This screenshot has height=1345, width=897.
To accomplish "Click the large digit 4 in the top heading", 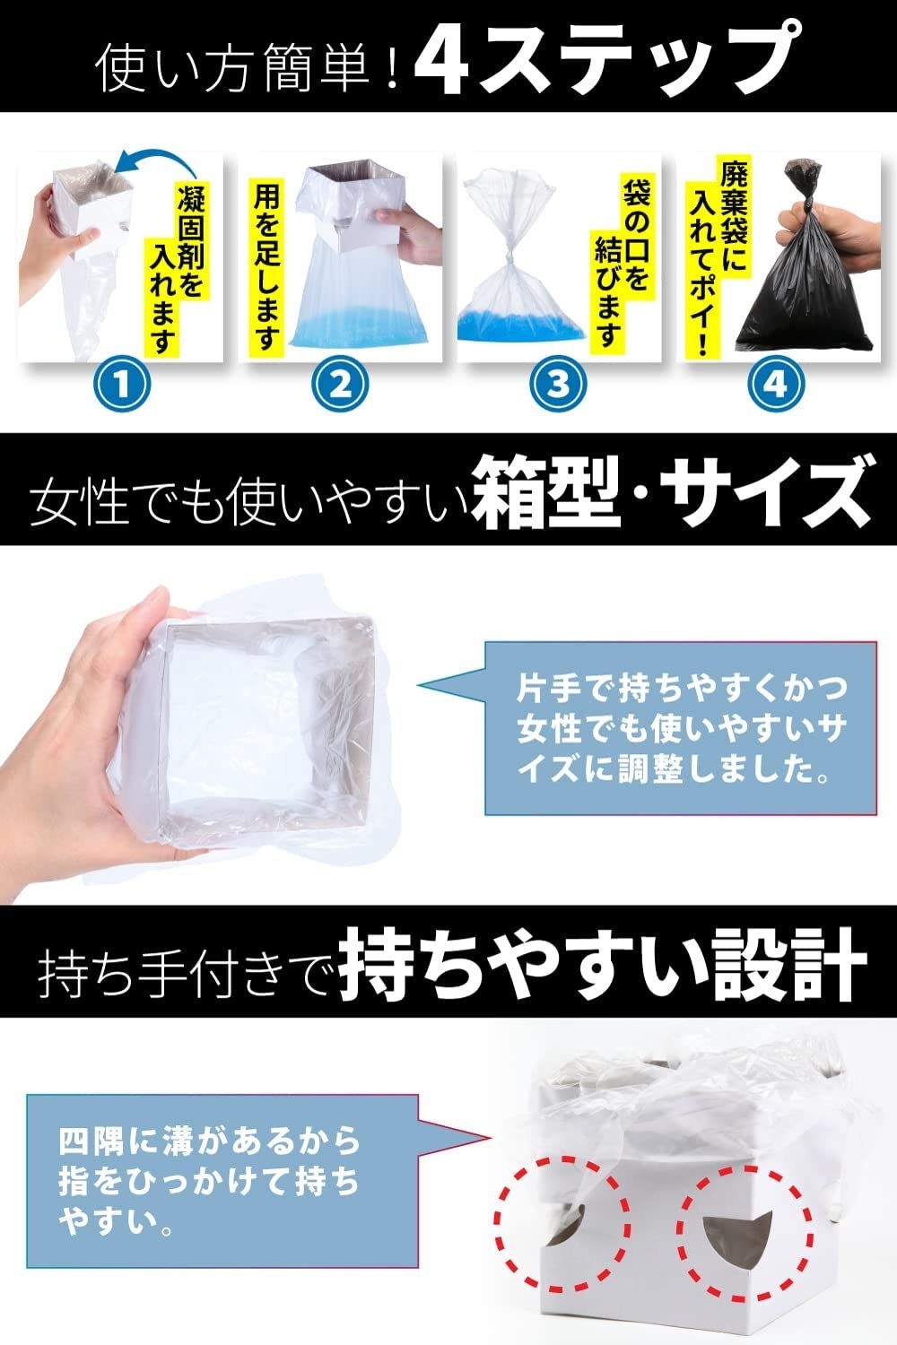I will [x=447, y=59].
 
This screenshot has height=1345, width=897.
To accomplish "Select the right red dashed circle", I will [x=745, y=1225].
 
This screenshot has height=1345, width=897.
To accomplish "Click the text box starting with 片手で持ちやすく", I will [x=680, y=727].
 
